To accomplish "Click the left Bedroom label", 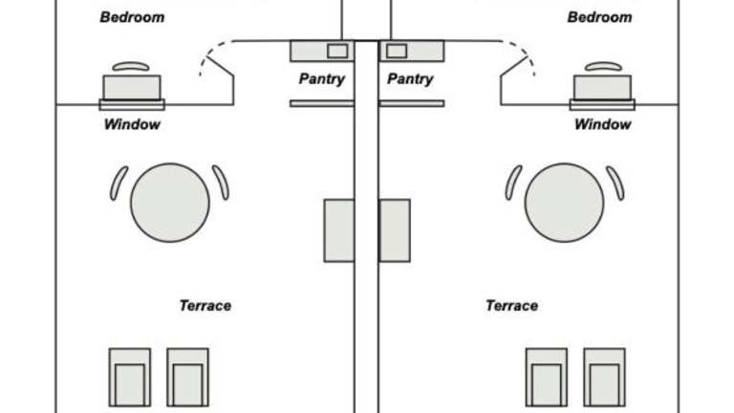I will pyautogui.click(x=132, y=17).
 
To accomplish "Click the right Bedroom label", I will pyautogui.click(x=599, y=17).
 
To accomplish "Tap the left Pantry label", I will pyautogui.click(x=321, y=79).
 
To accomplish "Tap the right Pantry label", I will pyautogui.click(x=410, y=79).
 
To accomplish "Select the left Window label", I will pyautogui.click(x=132, y=124).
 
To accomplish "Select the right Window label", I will pyautogui.click(x=602, y=124).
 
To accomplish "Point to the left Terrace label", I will pyautogui.click(x=205, y=306).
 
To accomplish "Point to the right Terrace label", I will pyautogui.click(x=511, y=306).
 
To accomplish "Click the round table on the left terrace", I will pyautogui.click(x=170, y=202).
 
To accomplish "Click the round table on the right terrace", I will pyautogui.click(x=564, y=202).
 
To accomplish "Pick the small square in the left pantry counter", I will pyautogui.click(x=337, y=51).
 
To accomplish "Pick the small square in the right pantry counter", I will pyautogui.click(x=397, y=51).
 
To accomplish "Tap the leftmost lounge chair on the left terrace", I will pyautogui.click(x=129, y=378).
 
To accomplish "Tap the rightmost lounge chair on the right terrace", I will pyautogui.click(x=605, y=378).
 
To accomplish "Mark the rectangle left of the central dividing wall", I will pyautogui.click(x=338, y=230).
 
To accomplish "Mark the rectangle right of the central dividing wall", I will pyautogui.click(x=395, y=230).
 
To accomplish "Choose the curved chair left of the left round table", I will pyautogui.click(x=119, y=184).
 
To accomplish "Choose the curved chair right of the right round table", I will pyautogui.click(x=615, y=184).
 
